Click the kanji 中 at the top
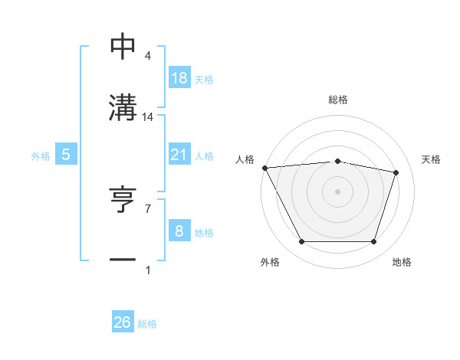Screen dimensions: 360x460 (123, 48)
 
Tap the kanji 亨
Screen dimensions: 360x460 (123, 201)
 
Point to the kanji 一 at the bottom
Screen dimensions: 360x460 (123, 260)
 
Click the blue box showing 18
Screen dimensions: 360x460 (179, 77)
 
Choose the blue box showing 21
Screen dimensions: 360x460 (179, 155)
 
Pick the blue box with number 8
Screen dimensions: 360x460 (179, 231)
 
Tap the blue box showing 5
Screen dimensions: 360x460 (66, 155)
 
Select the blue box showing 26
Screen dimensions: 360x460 (123, 322)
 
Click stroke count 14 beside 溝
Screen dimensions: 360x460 (149, 117)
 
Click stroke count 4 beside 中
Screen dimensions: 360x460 (148, 56)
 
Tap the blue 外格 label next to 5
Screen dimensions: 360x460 (41, 156)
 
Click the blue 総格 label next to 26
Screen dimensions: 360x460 (147, 324)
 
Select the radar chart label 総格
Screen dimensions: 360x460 (338, 100)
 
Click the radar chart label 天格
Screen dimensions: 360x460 (432, 159)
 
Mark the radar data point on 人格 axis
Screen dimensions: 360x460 (264, 168)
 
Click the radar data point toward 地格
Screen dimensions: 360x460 (373, 242)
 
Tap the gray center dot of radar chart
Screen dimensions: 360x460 (338, 191)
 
